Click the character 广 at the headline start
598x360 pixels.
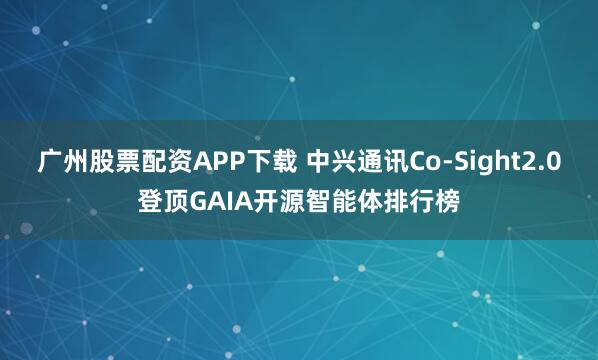pos(49,161)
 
